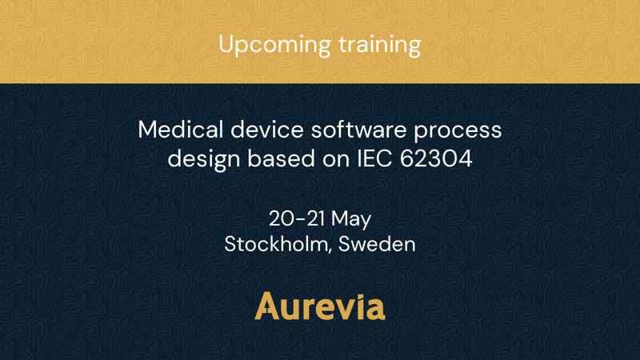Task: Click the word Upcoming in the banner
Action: pyautogui.click(x=274, y=45)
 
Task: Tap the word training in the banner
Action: pyautogui.click(x=380, y=45)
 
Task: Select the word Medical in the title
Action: pyautogui.click(x=181, y=130)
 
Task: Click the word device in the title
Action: pyautogui.click(x=267, y=130)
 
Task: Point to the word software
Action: pyautogui.click(x=358, y=130)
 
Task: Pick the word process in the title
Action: pyautogui.click(x=458, y=131)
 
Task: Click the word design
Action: pyautogui.click(x=204, y=159)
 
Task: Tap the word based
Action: pyautogui.click(x=282, y=158)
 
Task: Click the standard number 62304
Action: pyautogui.click(x=436, y=158)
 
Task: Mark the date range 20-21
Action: pyautogui.click(x=297, y=218)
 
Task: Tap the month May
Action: pyautogui.click(x=351, y=219)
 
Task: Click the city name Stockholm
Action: pyautogui.click(x=276, y=244)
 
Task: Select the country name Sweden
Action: pyautogui.click(x=377, y=244)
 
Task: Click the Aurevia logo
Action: pyautogui.click(x=320, y=306)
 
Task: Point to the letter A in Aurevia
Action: pyautogui.click(x=267, y=306)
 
